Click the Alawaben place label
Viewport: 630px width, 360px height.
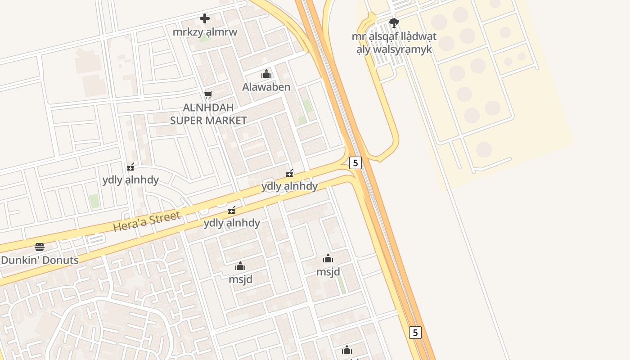(266, 87)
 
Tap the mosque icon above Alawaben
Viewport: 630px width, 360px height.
(266, 74)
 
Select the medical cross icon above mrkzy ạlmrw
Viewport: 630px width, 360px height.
(205, 18)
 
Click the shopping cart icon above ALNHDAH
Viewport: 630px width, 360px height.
(208, 94)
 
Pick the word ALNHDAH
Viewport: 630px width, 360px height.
(208, 108)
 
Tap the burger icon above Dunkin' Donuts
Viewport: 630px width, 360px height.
(40, 247)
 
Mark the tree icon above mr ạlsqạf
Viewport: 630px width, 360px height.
(394, 22)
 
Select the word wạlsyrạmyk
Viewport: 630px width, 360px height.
(402, 49)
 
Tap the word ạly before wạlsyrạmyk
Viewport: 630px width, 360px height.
(364, 49)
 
